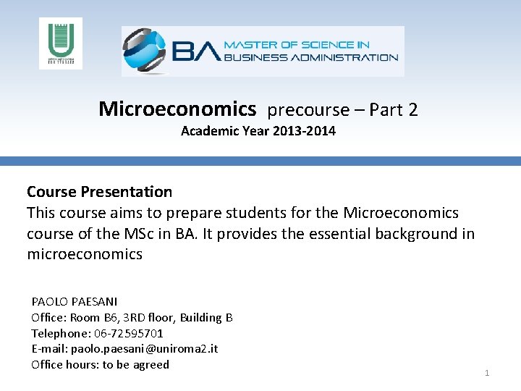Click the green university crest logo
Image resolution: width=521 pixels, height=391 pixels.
tap(60, 43)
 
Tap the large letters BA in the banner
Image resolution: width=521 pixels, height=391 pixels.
tap(195, 51)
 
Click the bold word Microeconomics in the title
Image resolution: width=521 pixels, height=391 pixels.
tap(177, 109)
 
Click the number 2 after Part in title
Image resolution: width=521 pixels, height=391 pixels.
tap(412, 110)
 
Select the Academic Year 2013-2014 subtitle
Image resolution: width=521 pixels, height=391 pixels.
tap(258, 131)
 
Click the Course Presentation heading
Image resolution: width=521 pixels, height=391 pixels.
tap(99, 192)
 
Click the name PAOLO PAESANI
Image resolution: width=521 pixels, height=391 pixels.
tap(75, 301)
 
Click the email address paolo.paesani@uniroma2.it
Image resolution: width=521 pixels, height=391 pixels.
tap(144, 349)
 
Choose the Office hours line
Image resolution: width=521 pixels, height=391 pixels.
tap(100, 364)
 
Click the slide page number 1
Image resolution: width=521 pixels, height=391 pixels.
tap(487, 373)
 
